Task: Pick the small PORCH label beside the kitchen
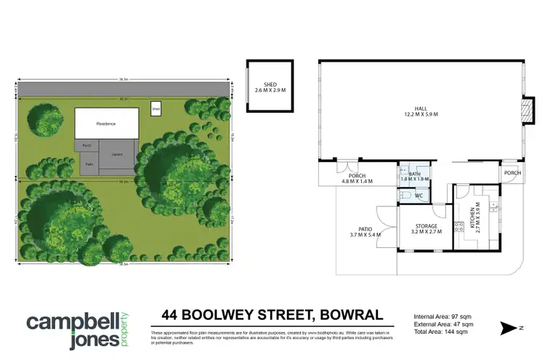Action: pyautogui.click(x=512, y=173)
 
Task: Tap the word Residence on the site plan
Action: pyautogui.click(x=106, y=124)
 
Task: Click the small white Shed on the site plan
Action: pyautogui.click(x=155, y=110)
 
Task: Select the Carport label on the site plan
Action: pyautogui.click(x=116, y=155)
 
